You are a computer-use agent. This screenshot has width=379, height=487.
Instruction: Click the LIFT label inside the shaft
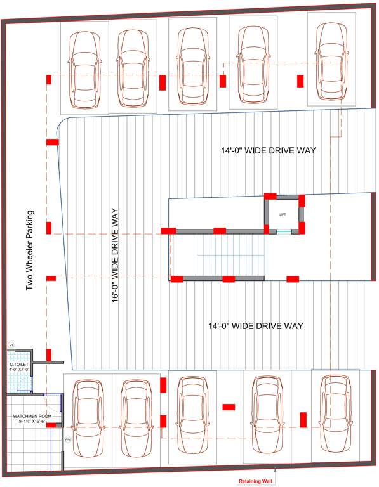pyautogui.click(x=283, y=214)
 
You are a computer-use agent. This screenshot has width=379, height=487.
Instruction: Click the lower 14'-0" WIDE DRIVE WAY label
pyautogui.click(x=256, y=326)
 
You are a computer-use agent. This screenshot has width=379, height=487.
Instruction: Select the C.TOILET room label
pyautogui.click(x=20, y=367)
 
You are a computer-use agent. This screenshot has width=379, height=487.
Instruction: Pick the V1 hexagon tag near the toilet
pyautogui.click(x=11, y=345)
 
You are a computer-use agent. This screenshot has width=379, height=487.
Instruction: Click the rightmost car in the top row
pyautogui.click(x=332, y=61)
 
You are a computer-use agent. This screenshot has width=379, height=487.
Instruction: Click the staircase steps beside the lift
pyautogui.click(x=229, y=254)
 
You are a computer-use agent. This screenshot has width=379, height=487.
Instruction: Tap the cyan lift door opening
pyautogui.click(x=283, y=231)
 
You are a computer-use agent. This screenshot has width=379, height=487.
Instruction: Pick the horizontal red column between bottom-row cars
pyautogui.click(x=229, y=406)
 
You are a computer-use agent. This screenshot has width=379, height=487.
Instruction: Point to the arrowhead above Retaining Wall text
pyautogui.click(x=275, y=471)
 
